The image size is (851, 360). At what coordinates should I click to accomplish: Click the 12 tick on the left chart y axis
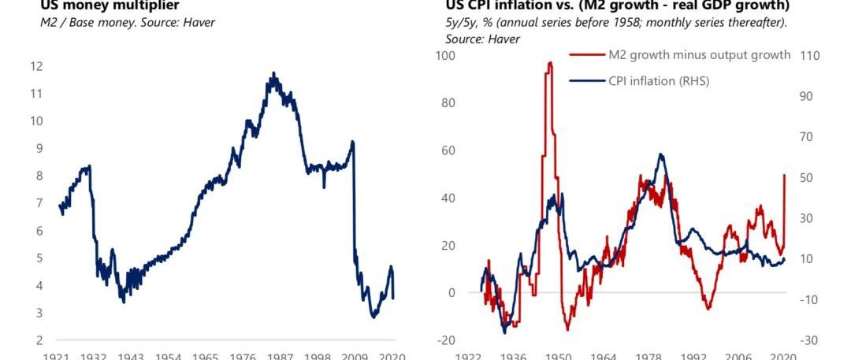click(x=37, y=66)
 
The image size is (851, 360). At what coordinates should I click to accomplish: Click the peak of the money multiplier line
click(x=273, y=73)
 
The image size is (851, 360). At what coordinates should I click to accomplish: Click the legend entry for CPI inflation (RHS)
click(x=658, y=80)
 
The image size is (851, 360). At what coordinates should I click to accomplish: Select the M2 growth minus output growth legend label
click(x=699, y=54)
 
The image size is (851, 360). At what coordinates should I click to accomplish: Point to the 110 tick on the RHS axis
click(x=810, y=56)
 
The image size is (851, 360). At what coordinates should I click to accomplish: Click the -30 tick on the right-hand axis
click(x=810, y=340)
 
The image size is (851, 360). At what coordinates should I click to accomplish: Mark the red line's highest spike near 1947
click(x=549, y=63)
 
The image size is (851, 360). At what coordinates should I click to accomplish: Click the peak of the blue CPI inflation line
click(x=661, y=154)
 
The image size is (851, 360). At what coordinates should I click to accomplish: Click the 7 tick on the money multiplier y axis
click(x=37, y=203)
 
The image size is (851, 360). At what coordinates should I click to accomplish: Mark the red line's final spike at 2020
click(x=785, y=175)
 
